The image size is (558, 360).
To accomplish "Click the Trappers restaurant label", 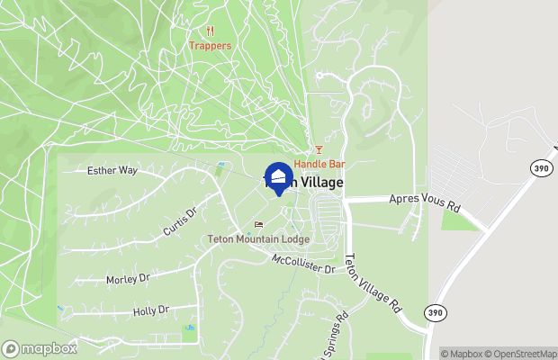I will pyautogui.click(x=210, y=45).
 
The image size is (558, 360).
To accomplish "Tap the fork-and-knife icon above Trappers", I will pyautogui.click(x=210, y=30).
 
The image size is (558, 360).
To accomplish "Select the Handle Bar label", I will pyautogui.click(x=319, y=165).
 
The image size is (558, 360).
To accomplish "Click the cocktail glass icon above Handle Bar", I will pyautogui.click(x=318, y=150).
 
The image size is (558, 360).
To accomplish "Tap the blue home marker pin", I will pyautogui.click(x=278, y=176).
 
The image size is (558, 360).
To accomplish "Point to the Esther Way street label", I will pyautogui.click(x=112, y=170).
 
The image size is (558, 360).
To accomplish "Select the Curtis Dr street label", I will pyautogui.click(x=180, y=220).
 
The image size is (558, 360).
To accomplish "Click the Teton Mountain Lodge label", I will pyautogui.click(x=258, y=239).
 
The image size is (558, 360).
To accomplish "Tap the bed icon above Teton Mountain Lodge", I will pyautogui.click(x=259, y=225).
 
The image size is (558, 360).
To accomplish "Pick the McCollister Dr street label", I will pyautogui.click(x=303, y=264).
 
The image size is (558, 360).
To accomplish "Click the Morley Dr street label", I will pyautogui.click(x=128, y=279).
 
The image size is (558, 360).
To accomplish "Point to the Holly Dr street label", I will pyautogui.click(x=150, y=311).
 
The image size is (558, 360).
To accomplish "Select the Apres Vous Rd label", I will pyautogui.click(x=424, y=202).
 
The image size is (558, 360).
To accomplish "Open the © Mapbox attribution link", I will pyautogui.click(x=464, y=354).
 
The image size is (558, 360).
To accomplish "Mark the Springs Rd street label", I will pyautogui.click(x=332, y=335).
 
